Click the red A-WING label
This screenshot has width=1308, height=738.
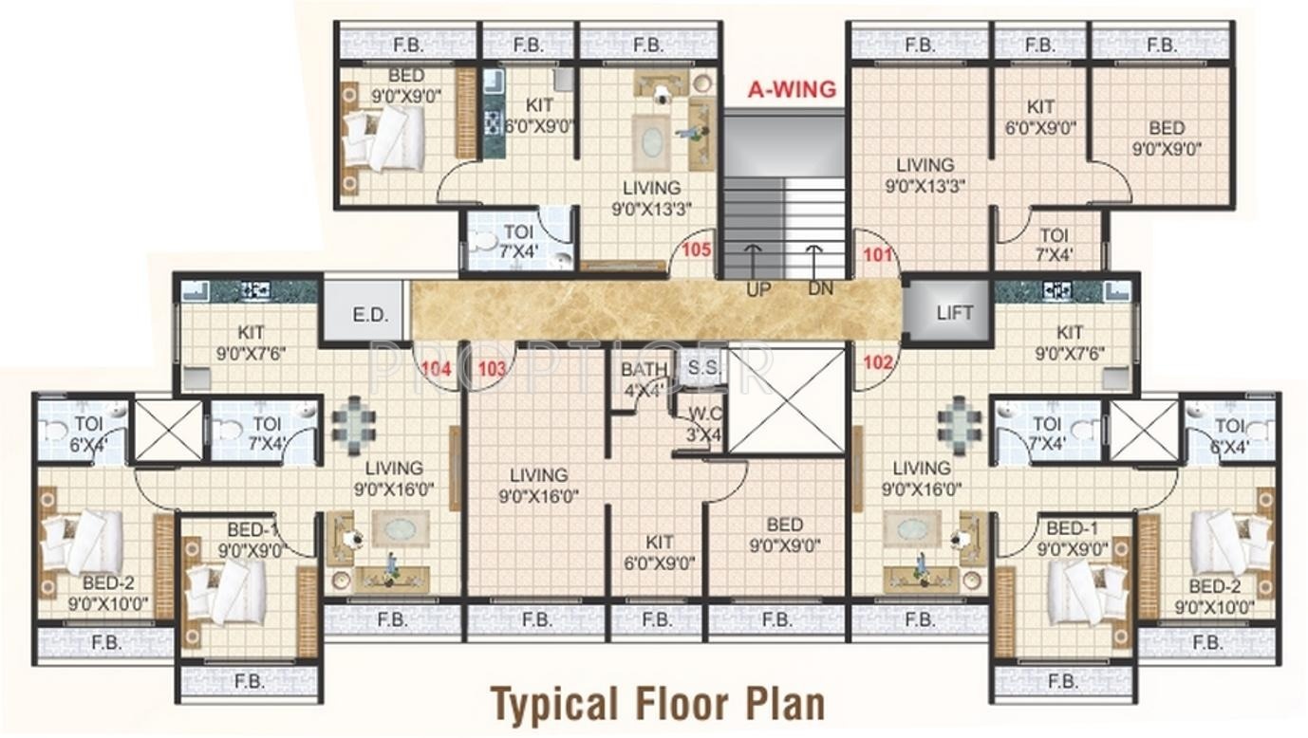point(792,89)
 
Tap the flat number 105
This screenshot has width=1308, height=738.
point(697,249)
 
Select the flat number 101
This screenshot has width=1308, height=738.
point(878,255)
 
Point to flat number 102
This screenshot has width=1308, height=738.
point(878,362)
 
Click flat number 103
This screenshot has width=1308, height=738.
point(492,369)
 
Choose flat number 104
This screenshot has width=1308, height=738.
point(437,369)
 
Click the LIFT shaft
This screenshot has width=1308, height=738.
point(949,312)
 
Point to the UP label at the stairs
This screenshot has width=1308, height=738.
point(758,289)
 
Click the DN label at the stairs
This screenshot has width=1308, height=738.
point(820,288)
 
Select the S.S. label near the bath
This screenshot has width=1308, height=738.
point(703,368)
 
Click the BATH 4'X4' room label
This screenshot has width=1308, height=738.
point(644,379)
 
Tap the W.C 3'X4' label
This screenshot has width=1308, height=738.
point(705,424)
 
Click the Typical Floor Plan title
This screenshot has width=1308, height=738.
point(658,704)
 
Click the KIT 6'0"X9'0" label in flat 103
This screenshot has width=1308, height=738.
point(660,553)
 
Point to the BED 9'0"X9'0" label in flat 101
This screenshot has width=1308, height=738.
point(1167,138)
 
